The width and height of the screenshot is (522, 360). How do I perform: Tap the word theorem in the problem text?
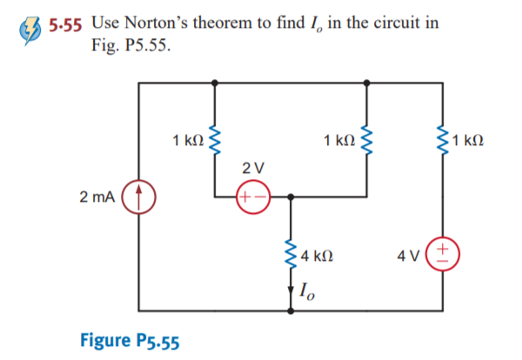click(x=231, y=22)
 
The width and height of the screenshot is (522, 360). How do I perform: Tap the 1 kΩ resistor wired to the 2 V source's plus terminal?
click(x=215, y=138)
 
